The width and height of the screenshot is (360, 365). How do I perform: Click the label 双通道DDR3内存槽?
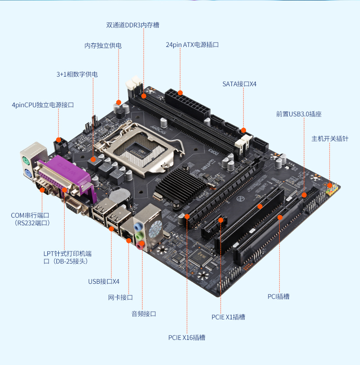click(x=133, y=25)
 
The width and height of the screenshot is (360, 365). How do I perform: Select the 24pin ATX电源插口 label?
click(x=192, y=45)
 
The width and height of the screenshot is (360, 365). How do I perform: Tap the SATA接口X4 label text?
click(x=239, y=84)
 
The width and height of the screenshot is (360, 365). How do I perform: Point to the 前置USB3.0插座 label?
click(x=299, y=114)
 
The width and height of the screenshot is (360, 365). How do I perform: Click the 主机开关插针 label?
click(x=330, y=139)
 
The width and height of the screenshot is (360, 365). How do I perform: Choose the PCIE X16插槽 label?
click(x=187, y=338)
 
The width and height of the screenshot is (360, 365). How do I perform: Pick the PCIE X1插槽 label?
click(x=228, y=317)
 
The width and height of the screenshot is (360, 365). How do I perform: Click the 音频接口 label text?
click(x=144, y=314)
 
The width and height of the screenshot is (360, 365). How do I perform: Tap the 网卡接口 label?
click(x=120, y=297)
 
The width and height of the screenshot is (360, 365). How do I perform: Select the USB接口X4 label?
click(x=104, y=282)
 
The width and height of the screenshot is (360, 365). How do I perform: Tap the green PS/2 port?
click(x=26, y=161)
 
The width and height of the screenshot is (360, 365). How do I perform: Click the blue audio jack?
click(x=138, y=226)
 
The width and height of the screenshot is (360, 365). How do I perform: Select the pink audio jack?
click(x=140, y=245)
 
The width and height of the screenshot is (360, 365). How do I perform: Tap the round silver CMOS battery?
click(x=119, y=196)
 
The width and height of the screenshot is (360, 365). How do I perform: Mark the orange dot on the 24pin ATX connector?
click(x=180, y=93)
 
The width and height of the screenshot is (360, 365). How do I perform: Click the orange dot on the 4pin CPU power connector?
click(x=59, y=140)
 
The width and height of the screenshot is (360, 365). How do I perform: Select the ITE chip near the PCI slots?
click(x=200, y=257)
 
